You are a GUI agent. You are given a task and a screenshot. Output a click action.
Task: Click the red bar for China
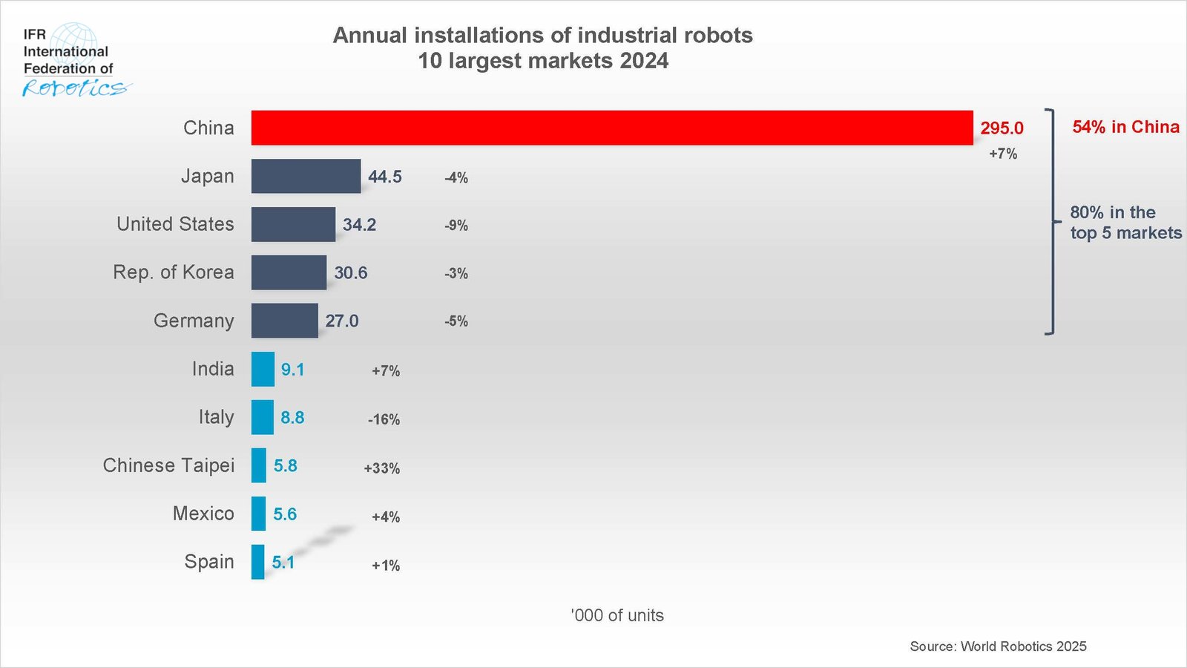(x=612, y=128)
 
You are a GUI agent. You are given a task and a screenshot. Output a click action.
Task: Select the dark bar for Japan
(x=306, y=176)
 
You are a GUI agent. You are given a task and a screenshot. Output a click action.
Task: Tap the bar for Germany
(x=284, y=321)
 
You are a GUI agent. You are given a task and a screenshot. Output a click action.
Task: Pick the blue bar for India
(x=263, y=369)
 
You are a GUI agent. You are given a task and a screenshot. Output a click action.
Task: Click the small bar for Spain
(x=257, y=562)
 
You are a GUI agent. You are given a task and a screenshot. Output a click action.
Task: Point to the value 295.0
(x=1002, y=128)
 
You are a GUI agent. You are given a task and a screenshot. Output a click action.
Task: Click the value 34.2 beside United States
(x=359, y=225)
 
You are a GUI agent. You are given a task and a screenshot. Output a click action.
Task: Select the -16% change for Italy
(x=384, y=419)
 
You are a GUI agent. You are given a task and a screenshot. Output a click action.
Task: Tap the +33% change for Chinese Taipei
(x=381, y=468)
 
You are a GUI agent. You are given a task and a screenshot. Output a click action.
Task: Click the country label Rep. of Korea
(x=173, y=272)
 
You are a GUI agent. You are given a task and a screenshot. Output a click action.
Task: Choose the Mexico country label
(x=203, y=514)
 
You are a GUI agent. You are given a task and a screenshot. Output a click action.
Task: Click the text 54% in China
(x=1125, y=127)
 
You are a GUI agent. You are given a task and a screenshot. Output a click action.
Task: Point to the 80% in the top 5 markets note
(x=1125, y=223)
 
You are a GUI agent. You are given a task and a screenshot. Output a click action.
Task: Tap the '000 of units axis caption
(x=617, y=615)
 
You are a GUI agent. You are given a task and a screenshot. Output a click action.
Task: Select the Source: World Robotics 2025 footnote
(x=998, y=646)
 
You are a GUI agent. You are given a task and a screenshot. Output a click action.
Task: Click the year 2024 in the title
(x=644, y=61)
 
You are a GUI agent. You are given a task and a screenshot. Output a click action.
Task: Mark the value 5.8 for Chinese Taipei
(x=285, y=465)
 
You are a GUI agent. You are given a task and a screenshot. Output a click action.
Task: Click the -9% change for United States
(x=456, y=226)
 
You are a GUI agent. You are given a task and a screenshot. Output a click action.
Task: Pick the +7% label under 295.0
(x=1003, y=154)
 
